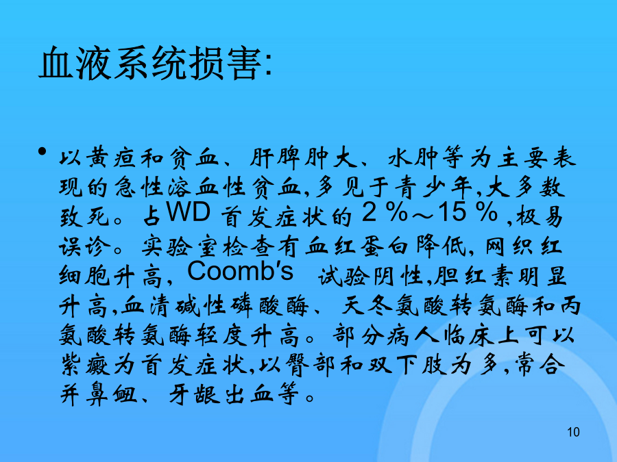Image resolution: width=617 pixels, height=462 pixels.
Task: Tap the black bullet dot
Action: (42, 151)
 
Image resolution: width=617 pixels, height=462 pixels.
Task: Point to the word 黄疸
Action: (110, 158)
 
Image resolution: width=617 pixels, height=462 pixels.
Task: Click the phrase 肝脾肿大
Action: (304, 158)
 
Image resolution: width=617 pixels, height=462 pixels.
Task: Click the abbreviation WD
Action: (189, 213)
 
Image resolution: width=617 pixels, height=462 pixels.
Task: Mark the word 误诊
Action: (84, 246)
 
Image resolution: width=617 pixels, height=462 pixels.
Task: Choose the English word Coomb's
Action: (240, 272)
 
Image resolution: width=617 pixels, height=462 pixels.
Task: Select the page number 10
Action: (573, 432)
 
